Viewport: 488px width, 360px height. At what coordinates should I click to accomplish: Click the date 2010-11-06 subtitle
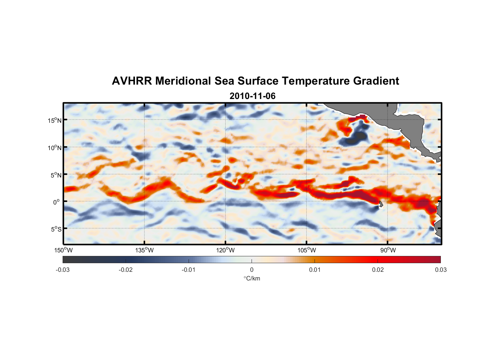[252, 96]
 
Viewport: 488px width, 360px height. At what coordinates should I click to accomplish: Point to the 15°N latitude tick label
[54, 120]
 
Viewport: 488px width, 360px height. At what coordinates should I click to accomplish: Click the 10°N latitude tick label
[54, 148]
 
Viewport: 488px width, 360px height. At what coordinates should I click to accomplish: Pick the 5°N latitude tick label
[56, 175]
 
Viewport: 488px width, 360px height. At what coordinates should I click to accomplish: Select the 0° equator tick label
[57, 202]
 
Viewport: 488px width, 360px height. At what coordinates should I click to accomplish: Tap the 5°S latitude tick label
[56, 229]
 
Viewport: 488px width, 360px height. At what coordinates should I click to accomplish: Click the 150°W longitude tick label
[63, 250]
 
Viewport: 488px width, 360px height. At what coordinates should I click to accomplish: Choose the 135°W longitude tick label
[145, 250]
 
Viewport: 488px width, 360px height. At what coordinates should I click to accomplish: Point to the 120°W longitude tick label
[226, 250]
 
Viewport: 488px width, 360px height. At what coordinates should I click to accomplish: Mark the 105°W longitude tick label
[307, 250]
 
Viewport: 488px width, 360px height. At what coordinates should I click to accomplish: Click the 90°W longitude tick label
[388, 250]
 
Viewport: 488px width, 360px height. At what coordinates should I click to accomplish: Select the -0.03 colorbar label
[63, 270]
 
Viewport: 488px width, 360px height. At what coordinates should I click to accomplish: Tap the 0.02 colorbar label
[378, 270]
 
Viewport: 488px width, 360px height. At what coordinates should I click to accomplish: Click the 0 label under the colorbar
[252, 270]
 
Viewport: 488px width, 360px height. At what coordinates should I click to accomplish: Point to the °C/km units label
[252, 278]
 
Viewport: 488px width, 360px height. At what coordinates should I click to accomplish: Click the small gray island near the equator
[381, 204]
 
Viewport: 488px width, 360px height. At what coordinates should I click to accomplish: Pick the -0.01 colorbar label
[189, 270]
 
